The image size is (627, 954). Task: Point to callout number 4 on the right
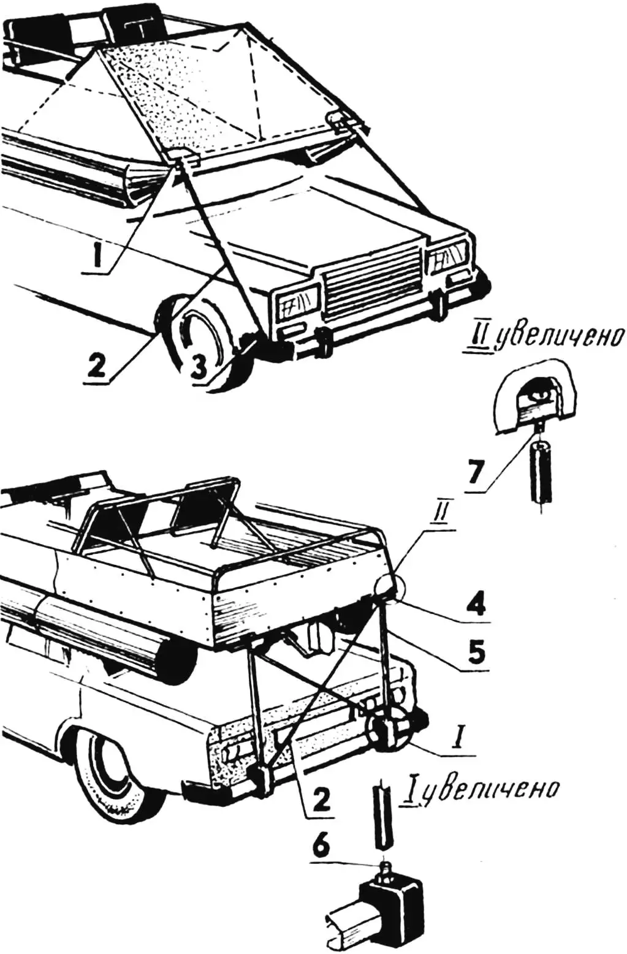[476, 605]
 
